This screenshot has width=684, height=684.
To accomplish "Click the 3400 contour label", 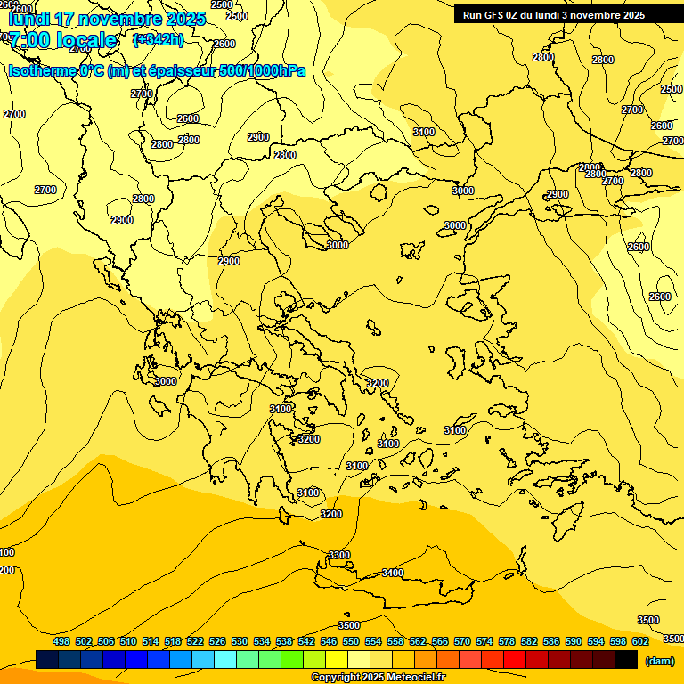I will pyautogui.click(x=393, y=573).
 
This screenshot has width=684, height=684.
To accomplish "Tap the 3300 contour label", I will pyautogui.click(x=339, y=555).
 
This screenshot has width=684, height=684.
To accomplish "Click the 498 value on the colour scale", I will pyautogui.click(x=61, y=641).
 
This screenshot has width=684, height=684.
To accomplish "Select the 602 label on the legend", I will pyautogui.click(x=640, y=641).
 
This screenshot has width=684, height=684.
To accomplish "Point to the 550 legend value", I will pyautogui.click(x=351, y=641).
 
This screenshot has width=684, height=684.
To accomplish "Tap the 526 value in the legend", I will pyautogui.click(x=217, y=641).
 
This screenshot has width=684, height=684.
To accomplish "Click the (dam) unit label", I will pyautogui.click(x=660, y=661).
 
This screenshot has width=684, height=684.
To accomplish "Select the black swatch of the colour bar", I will pyautogui.click(x=626, y=660).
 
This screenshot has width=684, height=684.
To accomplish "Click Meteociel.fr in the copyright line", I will pyautogui.click(x=416, y=678).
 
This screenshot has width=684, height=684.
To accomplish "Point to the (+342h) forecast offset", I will pyautogui.click(x=158, y=39).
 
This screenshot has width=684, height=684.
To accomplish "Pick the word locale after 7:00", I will pyautogui.click(x=85, y=40).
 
